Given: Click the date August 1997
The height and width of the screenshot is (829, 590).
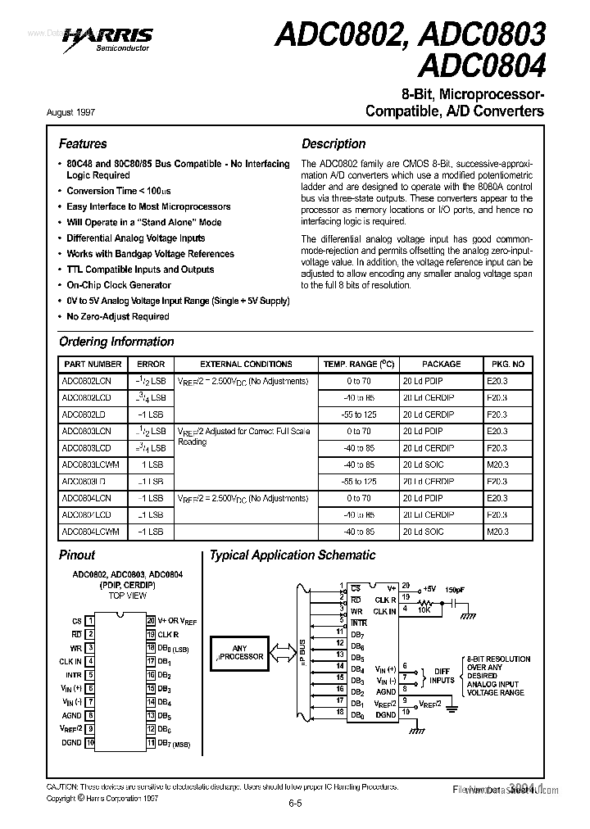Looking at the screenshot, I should click(x=82, y=111).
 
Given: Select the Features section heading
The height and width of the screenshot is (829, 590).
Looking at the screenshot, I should click(x=83, y=143).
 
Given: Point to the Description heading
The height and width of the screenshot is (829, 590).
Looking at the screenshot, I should click(x=334, y=143).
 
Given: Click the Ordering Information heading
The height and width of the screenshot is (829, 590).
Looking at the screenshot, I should click(x=116, y=342).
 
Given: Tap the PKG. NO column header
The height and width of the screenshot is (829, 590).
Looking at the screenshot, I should click(x=508, y=364).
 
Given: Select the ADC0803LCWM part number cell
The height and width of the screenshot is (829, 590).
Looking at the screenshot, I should click(x=90, y=464).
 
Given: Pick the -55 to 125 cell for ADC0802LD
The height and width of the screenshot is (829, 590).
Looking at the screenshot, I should click(x=360, y=414).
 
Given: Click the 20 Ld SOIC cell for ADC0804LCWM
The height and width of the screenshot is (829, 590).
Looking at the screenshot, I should click(x=422, y=532).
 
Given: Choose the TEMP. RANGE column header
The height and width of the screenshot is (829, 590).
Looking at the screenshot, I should click(x=359, y=364).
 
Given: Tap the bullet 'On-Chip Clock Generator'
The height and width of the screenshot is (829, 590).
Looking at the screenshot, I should click(x=119, y=285).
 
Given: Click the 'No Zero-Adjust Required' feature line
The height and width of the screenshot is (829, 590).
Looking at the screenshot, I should click(x=118, y=316).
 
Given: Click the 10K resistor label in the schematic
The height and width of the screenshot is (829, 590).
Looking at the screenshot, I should click(x=423, y=609).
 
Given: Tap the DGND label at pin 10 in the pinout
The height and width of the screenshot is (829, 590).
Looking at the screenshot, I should click(x=71, y=742).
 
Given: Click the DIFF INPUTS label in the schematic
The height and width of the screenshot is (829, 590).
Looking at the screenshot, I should click(x=442, y=675).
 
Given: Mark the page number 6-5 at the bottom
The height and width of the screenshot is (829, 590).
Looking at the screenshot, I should click(x=295, y=804).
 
